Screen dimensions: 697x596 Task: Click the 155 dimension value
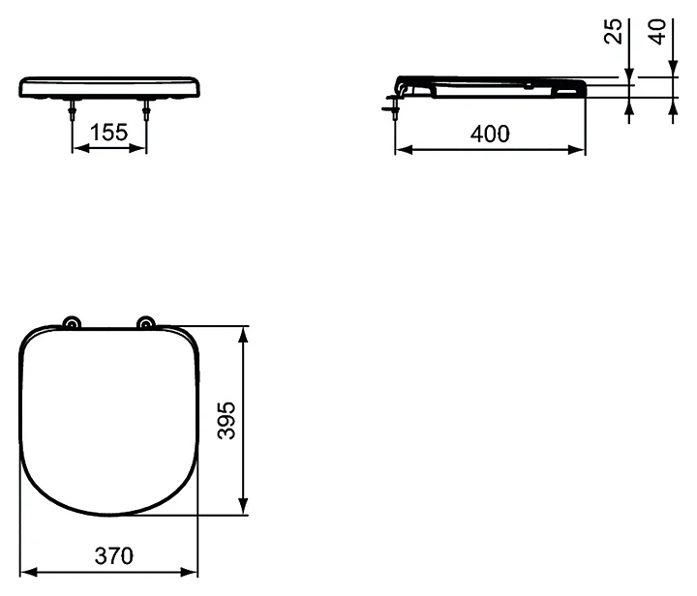click(108, 133)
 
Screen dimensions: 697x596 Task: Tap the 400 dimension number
click(490, 134)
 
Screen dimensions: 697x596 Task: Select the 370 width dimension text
click(114, 555)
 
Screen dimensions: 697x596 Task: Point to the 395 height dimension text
click(227, 420)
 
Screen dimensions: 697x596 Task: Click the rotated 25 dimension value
click(613, 31)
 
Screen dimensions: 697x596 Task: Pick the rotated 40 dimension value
click(657, 32)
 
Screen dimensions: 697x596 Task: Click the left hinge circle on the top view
click(72, 323)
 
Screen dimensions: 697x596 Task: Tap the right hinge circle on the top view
click(146, 323)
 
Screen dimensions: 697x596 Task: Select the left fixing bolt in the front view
click(72, 108)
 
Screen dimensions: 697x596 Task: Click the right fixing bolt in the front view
click(146, 108)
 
